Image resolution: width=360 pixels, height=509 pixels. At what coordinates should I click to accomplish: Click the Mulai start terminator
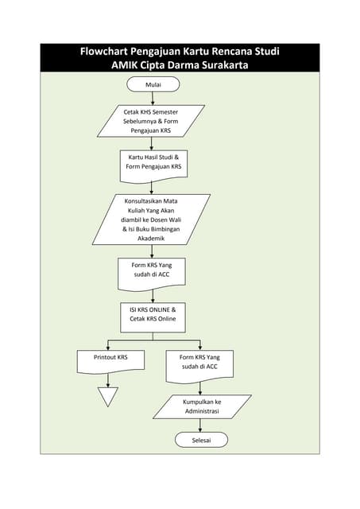pos(153,84)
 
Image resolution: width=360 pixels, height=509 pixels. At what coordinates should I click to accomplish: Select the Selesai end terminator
pos(201,440)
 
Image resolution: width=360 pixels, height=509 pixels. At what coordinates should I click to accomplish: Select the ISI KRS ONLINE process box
pos(153,313)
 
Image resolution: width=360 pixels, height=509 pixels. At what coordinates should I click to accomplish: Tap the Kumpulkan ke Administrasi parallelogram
pos(202,406)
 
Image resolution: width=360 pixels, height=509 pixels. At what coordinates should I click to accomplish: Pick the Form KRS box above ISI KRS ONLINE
pos(153,271)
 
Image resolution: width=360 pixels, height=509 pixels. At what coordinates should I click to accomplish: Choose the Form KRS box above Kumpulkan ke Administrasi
pos(200,362)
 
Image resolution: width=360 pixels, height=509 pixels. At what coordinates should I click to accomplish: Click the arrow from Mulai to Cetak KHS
pos(153,98)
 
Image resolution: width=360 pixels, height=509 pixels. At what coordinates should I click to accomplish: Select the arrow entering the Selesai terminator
pos(201,426)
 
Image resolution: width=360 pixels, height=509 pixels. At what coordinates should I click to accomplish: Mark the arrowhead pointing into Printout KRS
pos(107,348)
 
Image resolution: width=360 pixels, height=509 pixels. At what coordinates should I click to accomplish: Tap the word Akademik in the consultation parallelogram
pos(152,237)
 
